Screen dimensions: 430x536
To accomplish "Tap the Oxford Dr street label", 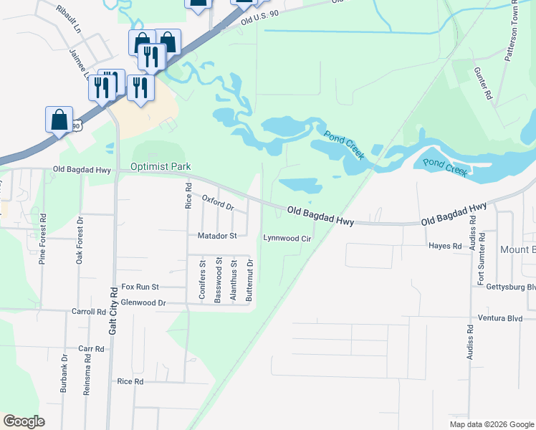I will (x=218, y=202).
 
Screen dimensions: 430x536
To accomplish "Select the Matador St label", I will (x=217, y=235).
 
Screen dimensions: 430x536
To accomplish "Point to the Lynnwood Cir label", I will (x=287, y=238).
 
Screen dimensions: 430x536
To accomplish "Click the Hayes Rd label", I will (x=445, y=246).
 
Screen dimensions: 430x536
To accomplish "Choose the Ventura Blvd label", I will (x=502, y=317).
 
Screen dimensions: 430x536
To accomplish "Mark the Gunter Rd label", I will (x=483, y=84).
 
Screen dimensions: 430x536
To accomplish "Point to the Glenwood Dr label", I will (x=143, y=303).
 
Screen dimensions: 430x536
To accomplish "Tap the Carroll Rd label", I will (x=88, y=312).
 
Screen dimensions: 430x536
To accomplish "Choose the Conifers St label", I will (x=203, y=281).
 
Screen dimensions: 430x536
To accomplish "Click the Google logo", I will (x=24, y=421).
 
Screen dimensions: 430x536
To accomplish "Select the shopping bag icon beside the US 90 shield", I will (x=59, y=120).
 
